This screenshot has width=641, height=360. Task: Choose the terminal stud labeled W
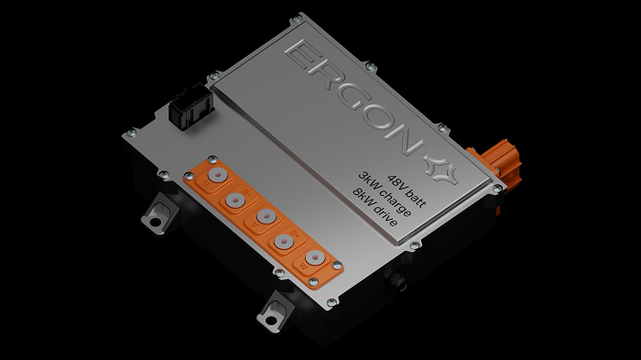[x=316, y=260]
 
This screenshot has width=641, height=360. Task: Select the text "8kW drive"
[x=375, y=209]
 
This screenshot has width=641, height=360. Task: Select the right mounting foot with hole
[x=273, y=314]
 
